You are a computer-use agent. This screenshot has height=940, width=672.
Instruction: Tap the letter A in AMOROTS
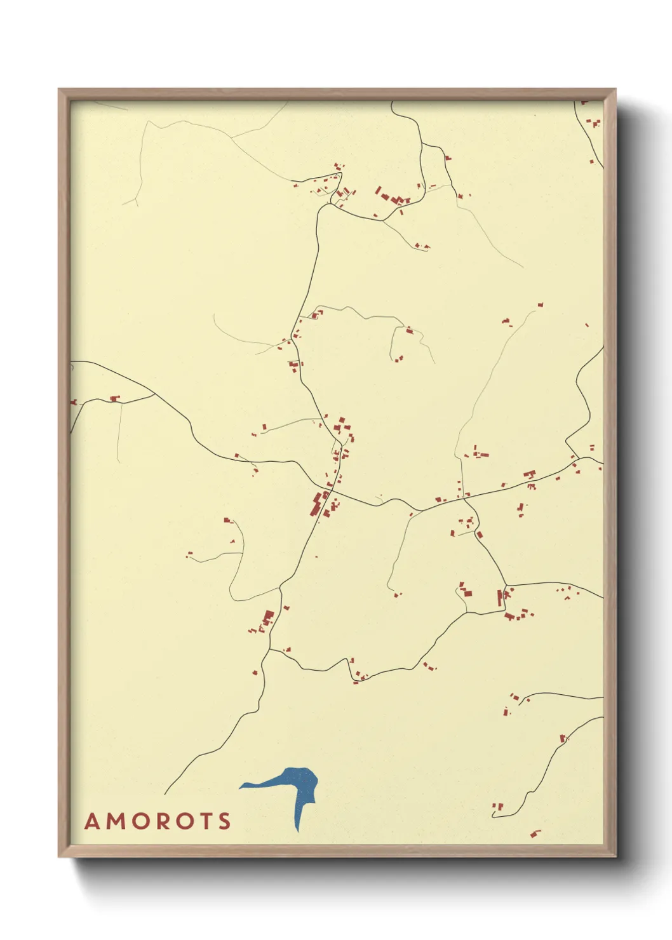pos(93,821)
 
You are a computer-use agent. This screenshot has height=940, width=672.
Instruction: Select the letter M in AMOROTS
pos(115,821)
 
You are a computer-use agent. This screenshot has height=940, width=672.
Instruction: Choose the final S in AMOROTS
pos(224,821)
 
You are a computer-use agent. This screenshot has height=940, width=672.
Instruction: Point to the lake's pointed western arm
pos(243,786)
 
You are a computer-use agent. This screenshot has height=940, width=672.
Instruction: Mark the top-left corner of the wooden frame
pos(59,90)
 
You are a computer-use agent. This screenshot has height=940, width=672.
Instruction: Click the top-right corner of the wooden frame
pos(614,90)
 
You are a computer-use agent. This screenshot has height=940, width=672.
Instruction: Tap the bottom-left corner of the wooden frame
pos(59,856)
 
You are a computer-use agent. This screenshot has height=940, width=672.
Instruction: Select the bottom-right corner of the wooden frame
pos(614,856)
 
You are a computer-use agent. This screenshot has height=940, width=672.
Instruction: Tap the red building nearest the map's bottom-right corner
pos(535,833)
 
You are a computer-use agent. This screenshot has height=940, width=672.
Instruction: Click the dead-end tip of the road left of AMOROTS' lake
pos(165,793)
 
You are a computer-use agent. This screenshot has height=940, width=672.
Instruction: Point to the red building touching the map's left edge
pos(73,402)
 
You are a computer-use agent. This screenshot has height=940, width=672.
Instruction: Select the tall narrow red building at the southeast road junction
pos(499,597)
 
